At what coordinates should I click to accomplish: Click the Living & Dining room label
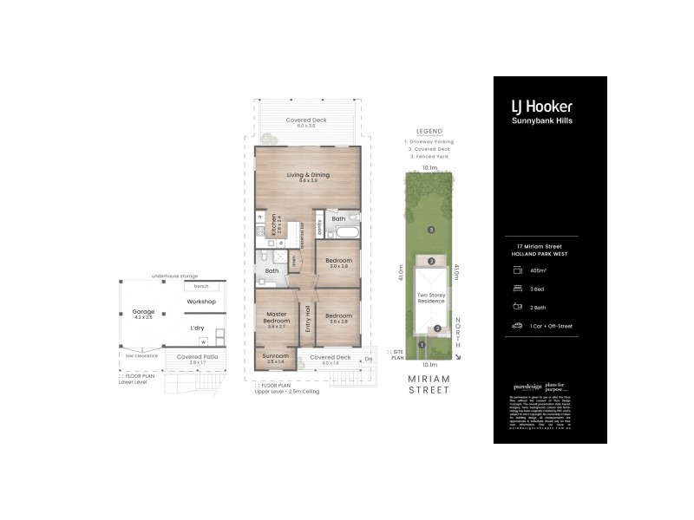tap(308, 177)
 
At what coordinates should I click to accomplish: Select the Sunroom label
tap(278, 360)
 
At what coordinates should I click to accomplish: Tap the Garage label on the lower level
tap(143, 313)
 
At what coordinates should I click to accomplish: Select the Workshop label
tap(200, 302)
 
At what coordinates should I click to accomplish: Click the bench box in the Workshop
tap(201, 285)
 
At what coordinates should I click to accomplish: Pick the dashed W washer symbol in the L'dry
tap(203, 341)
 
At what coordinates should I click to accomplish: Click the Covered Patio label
tap(195, 356)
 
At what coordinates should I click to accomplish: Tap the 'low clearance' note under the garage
tap(140, 354)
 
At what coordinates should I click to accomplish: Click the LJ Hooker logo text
tap(540, 107)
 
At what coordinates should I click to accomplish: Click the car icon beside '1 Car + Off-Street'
tap(517, 326)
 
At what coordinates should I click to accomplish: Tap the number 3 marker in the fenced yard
tap(431, 230)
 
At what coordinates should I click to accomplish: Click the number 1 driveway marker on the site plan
tap(421, 345)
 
